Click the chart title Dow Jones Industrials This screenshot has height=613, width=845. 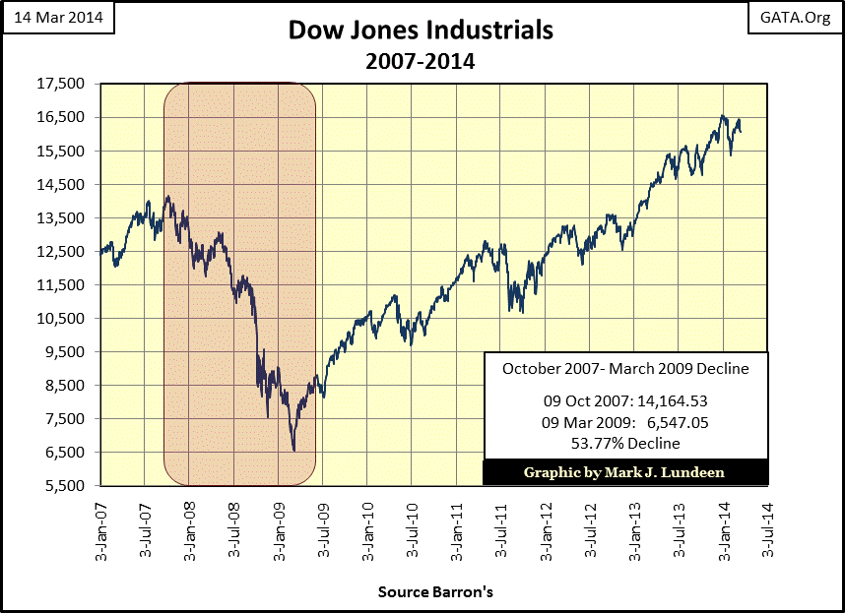coord(421,31)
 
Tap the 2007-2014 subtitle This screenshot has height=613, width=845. coord(421,61)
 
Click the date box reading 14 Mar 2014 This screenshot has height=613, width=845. coord(58,17)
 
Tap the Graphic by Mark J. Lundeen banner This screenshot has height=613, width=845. coord(624,472)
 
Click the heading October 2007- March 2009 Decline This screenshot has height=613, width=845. coord(625,369)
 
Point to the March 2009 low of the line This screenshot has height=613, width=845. coord(294,451)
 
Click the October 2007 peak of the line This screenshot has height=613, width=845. coord(168,196)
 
